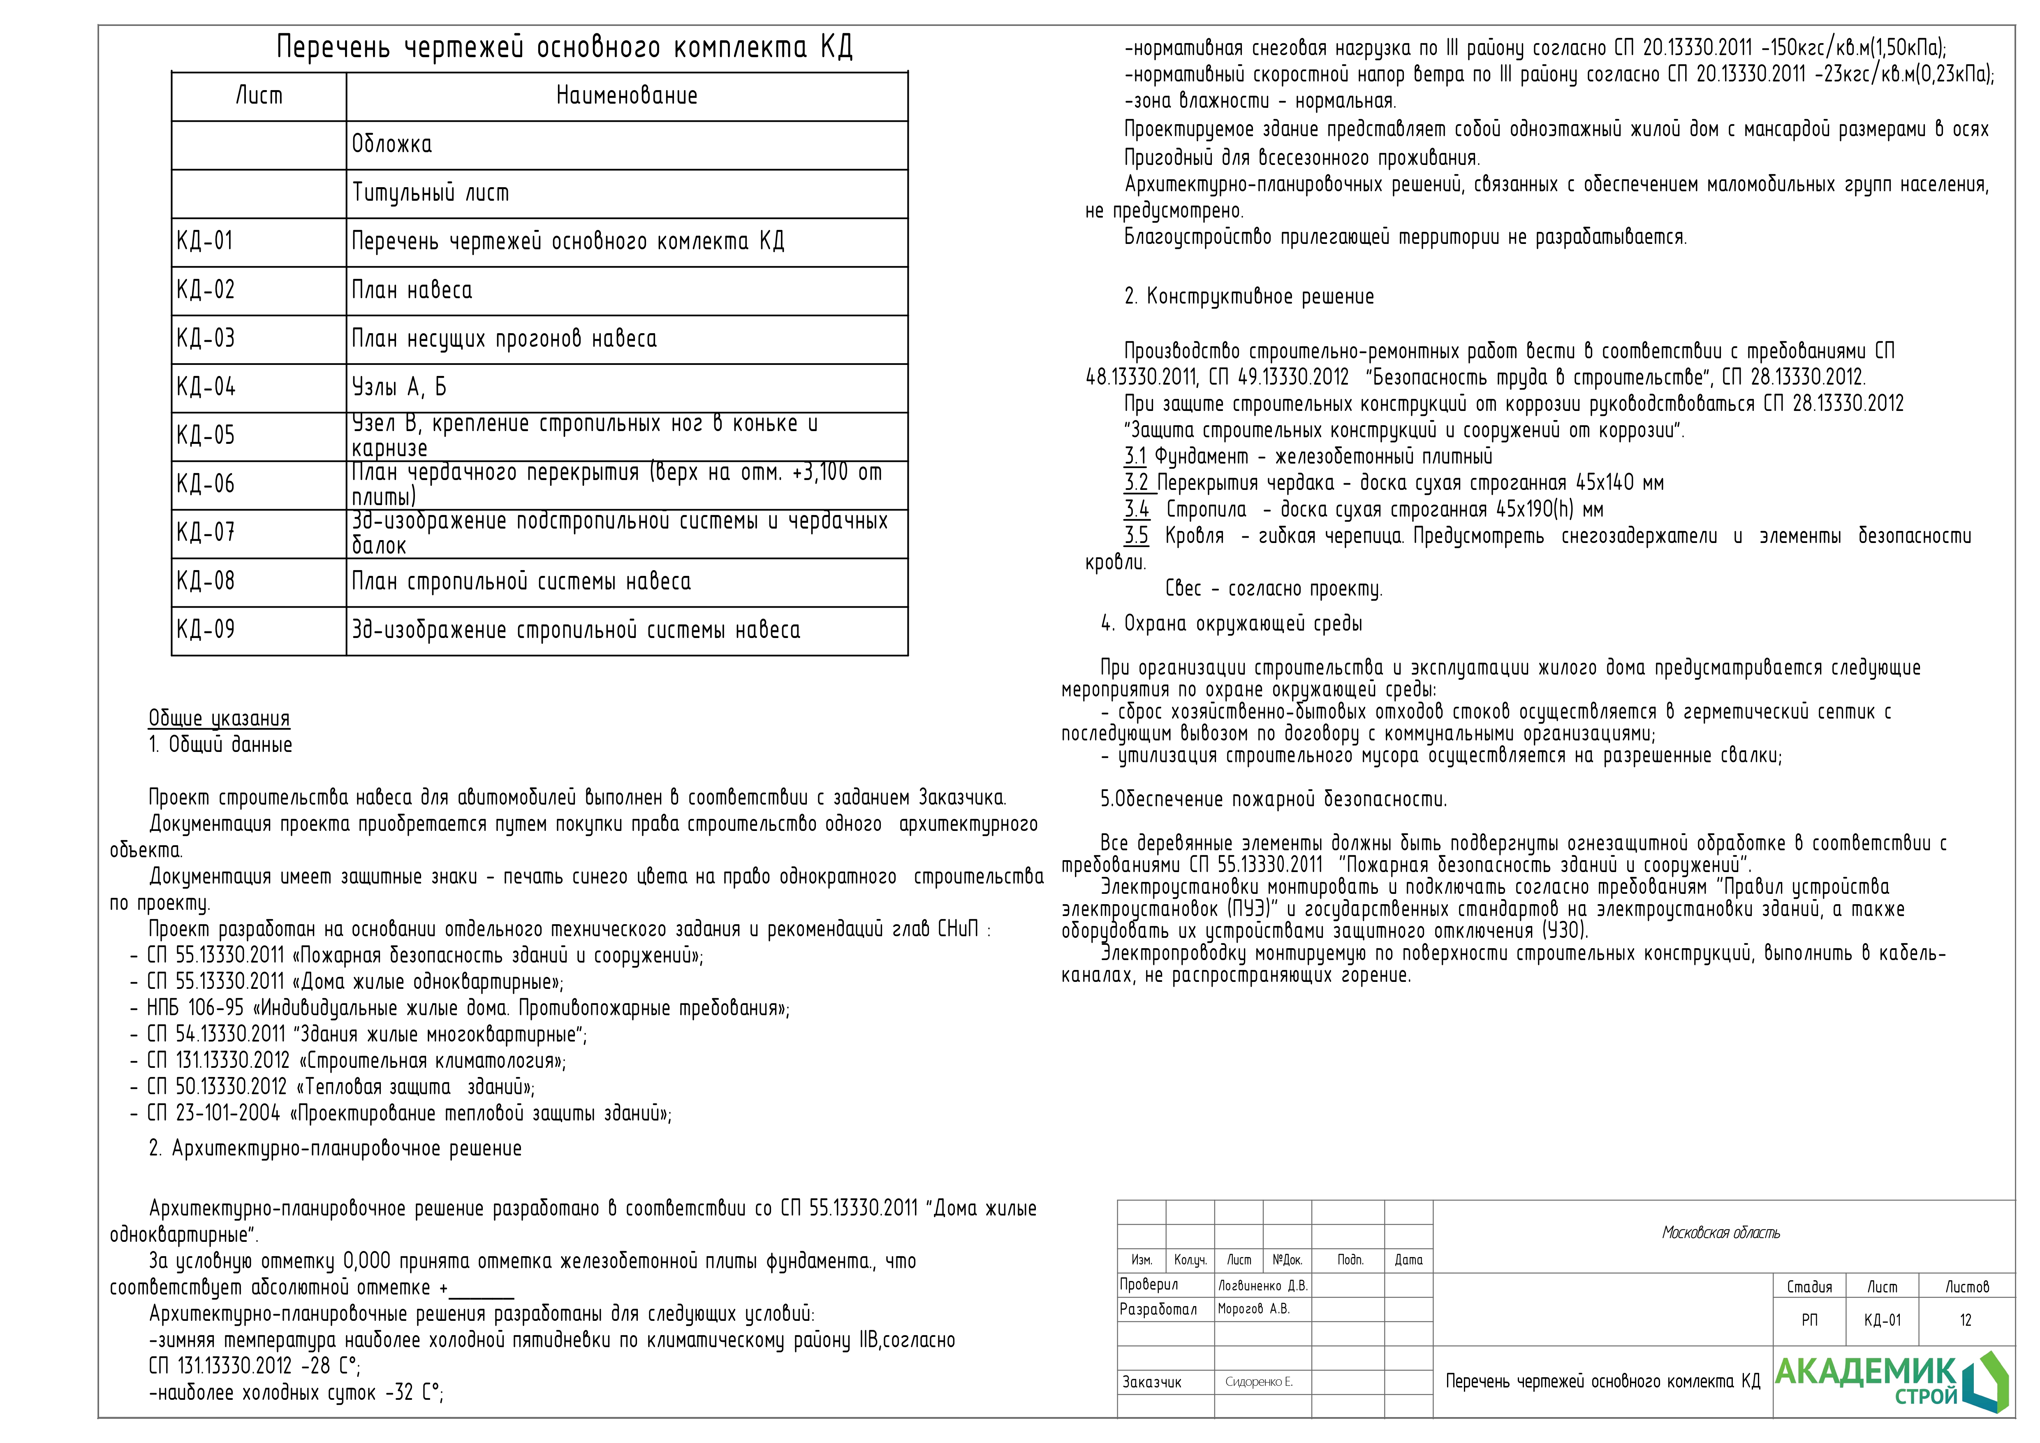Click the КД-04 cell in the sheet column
(206, 387)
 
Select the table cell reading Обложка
(392, 145)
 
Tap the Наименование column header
(626, 96)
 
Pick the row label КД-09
(206, 630)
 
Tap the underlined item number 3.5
(1135, 536)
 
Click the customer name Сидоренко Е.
(1258, 1382)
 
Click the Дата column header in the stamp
(1408, 1260)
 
